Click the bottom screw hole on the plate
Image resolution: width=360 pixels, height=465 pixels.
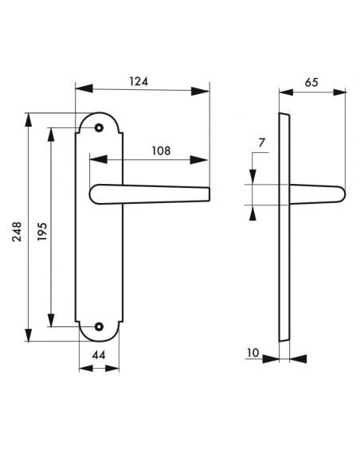point(100,326)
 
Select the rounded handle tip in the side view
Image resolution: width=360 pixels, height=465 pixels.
point(341,193)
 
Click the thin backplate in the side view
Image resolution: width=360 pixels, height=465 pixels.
point(284,231)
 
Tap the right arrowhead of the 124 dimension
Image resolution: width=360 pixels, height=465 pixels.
point(205,92)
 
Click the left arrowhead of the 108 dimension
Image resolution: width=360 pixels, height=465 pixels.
point(94,159)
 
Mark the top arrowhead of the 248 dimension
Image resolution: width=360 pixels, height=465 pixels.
point(29,116)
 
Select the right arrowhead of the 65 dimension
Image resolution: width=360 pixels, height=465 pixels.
point(342,92)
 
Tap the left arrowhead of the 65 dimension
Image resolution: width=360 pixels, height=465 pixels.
point(284,92)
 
